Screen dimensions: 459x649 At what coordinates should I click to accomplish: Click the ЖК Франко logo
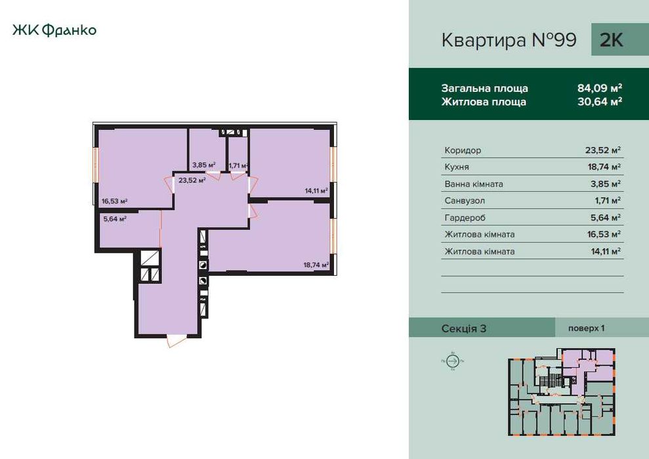(54, 30)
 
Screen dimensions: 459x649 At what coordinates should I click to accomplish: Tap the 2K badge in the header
(611, 40)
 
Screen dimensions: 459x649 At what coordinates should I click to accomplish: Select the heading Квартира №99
(509, 41)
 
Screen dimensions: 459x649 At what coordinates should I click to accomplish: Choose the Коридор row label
(463, 150)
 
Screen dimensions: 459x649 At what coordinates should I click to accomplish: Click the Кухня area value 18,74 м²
(604, 167)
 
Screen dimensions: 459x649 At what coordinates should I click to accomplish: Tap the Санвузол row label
(465, 201)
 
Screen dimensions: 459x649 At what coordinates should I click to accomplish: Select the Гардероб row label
(465, 218)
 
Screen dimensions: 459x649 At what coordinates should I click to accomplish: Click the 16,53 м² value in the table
(604, 234)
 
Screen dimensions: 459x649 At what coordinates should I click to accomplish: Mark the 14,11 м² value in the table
(604, 251)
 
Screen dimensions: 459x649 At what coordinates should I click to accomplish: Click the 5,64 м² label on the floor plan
(114, 219)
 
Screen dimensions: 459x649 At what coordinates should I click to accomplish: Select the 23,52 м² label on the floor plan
(192, 179)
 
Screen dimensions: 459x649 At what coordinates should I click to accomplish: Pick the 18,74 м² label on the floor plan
(316, 265)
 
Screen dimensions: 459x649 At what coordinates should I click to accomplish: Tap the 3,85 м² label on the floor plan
(203, 165)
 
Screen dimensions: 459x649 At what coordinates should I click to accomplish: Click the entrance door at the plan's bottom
(177, 340)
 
